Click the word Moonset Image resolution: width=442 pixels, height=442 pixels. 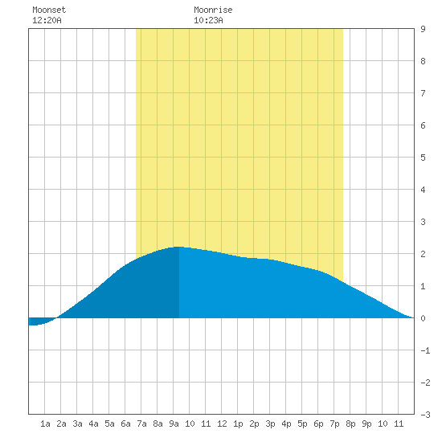click(49, 10)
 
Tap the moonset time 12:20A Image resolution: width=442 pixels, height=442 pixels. click(47, 20)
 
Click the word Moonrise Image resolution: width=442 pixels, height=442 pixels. click(213, 10)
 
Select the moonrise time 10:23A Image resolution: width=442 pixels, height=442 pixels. click(208, 20)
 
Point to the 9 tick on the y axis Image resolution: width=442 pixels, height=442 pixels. click(423, 29)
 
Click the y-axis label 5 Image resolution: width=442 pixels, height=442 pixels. click(423, 158)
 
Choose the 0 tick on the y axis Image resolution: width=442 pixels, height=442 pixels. click(423, 318)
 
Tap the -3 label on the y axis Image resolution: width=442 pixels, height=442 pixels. click(425, 415)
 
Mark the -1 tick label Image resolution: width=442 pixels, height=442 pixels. click(425, 350)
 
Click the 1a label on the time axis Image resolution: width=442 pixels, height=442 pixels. click(45, 424)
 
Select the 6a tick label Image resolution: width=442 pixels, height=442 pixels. click(125, 424)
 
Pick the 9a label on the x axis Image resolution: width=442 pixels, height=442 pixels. click(174, 424)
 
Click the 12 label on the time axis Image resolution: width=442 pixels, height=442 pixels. click(222, 424)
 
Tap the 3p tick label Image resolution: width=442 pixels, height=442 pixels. click(270, 424)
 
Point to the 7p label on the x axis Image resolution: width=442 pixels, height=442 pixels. click(334, 424)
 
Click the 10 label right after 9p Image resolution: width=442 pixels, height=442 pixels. click(383, 424)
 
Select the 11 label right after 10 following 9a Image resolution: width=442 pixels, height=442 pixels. click(206, 424)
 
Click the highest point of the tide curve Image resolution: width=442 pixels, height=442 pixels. click(178, 247)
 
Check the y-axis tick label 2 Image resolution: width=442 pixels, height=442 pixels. click(423, 254)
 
